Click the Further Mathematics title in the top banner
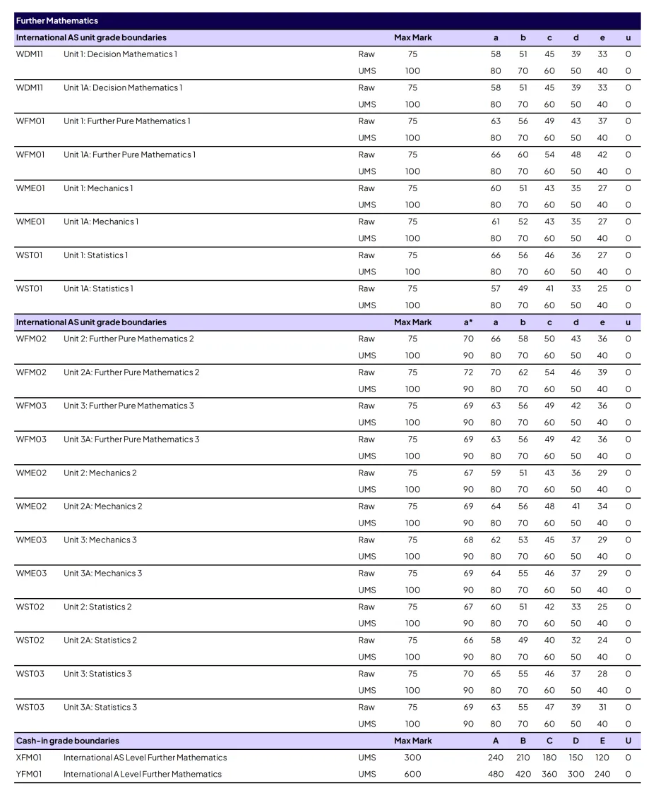click(57, 20)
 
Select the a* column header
click(468, 322)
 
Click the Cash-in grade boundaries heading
click(67, 741)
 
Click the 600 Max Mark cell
click(412, 774)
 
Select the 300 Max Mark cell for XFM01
click(412, 758)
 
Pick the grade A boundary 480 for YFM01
click(496, 774)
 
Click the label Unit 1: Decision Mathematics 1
click(120, 54)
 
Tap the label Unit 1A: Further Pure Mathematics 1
click(129, 154)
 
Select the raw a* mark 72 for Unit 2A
click(468, 372)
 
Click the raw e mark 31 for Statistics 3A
click(602, 707)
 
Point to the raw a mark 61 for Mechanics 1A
click(496, 221)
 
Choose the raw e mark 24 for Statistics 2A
click(602, 641)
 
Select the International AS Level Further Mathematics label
click(145, 758)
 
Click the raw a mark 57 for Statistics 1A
click(496, 289)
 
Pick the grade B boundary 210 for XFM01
click(523, 758)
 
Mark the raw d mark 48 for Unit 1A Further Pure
click(576, 154)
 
